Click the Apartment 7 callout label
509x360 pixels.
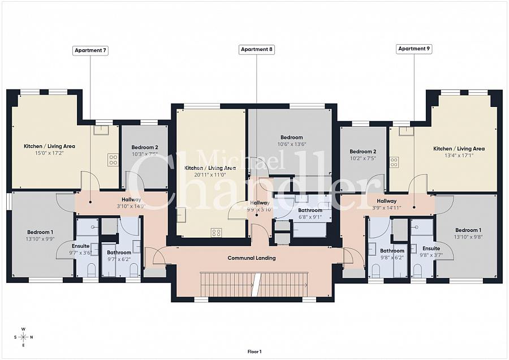(90, 50)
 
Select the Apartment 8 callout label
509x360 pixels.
(257, 50)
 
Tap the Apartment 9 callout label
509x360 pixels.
(414, 49)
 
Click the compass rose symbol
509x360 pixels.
(23, 337)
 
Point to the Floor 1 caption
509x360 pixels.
(255, 352)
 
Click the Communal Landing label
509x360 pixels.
(252, 258)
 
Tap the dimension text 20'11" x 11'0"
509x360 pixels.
(210, 175)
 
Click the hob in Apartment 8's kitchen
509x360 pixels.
(215, 232)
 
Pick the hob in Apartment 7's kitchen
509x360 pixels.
(113, 160)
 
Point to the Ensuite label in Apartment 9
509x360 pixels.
(432, 248)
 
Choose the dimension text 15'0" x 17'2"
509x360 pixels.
(49, 153)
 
